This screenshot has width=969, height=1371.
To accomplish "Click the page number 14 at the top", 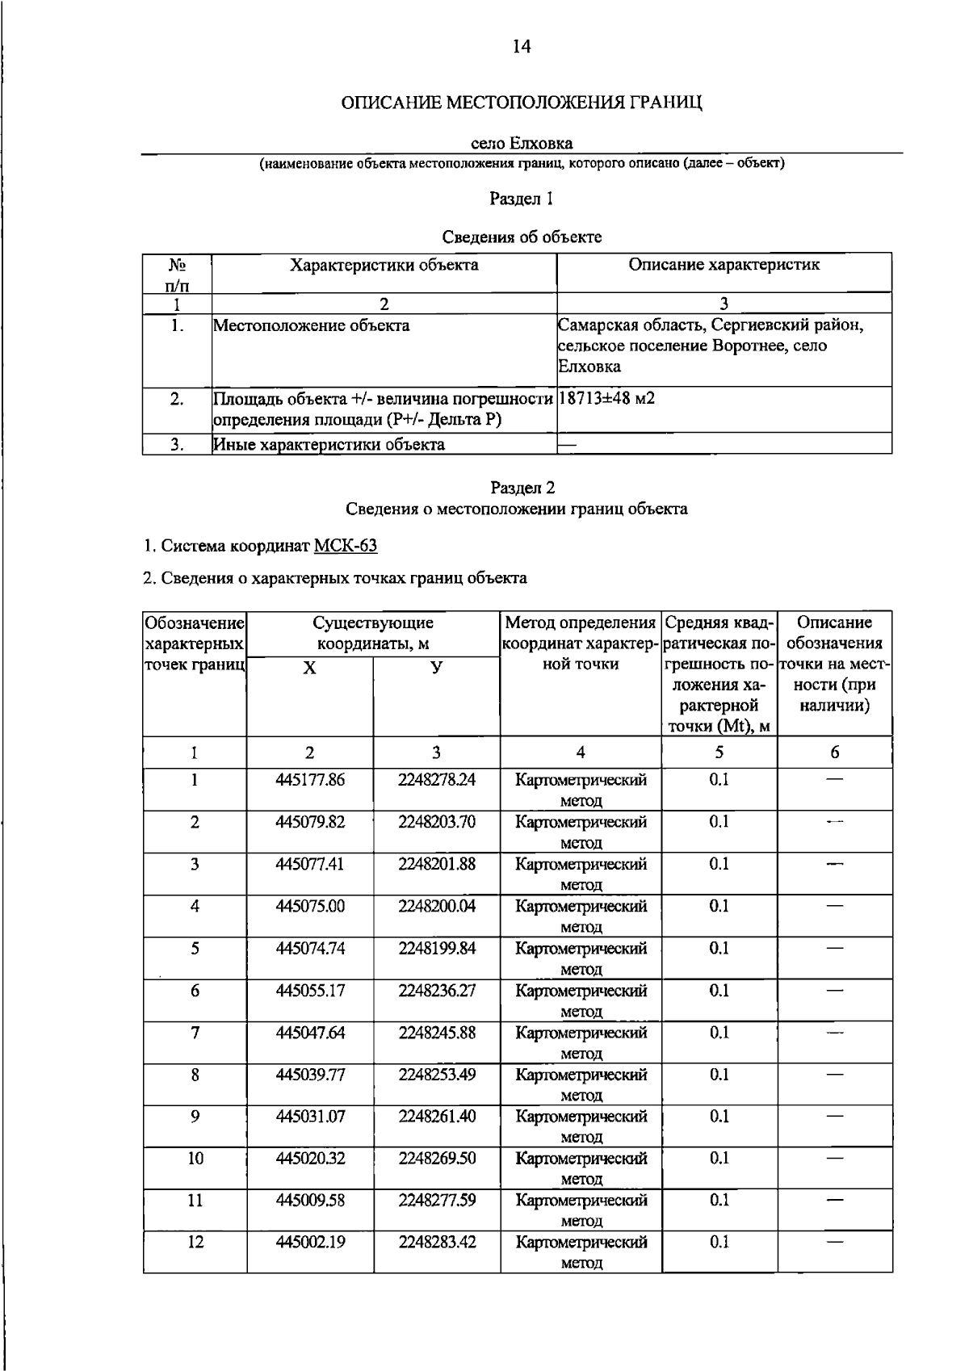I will pyautogui.click(x=522, y=48).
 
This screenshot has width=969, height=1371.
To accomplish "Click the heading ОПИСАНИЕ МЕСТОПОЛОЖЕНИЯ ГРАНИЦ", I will pyautogui.click(x=522, y=104).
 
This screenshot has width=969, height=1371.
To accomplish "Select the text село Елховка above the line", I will pyautogui.click(x=522, y=144).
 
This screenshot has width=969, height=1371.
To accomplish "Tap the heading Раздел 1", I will pyautogui.click(x=522, y=199).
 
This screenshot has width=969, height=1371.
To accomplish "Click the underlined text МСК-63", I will pyautogui.click(x=345, y=546).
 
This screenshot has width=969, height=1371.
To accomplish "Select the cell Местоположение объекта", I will pyautogui.click(x=311, y=326).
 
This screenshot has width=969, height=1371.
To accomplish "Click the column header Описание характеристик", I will pyautogui.click(x=724, y=265).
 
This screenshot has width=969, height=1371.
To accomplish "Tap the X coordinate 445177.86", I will pyautogui.click(x=310, y=780).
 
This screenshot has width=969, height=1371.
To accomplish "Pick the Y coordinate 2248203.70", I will pyautogui.click(x=437, y=822).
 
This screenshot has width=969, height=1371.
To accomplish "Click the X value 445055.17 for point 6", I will pyautogui.click(x=310, y=991).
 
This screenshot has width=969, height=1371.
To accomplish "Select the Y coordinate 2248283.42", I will pyautogui.click(x=437, y=1243).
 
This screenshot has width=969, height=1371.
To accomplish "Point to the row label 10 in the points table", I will pyautogui.click(x=195, y=1159).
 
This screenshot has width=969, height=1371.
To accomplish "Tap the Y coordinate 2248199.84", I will pyautogui.click(x=437, y=949).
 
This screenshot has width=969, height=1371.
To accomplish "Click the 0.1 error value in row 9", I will pyautogui.click(x=719, y=1117).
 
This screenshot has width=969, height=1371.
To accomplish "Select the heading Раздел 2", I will pyautogui.click(x=522, y=488).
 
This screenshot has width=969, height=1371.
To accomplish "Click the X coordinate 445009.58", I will pyautogui.click(x=310, y=1201).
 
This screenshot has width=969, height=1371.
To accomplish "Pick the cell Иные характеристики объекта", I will pyautogui.click(x=329, y=445).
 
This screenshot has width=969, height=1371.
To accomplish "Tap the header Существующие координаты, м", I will pyautogui.click(x=373, y=634).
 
